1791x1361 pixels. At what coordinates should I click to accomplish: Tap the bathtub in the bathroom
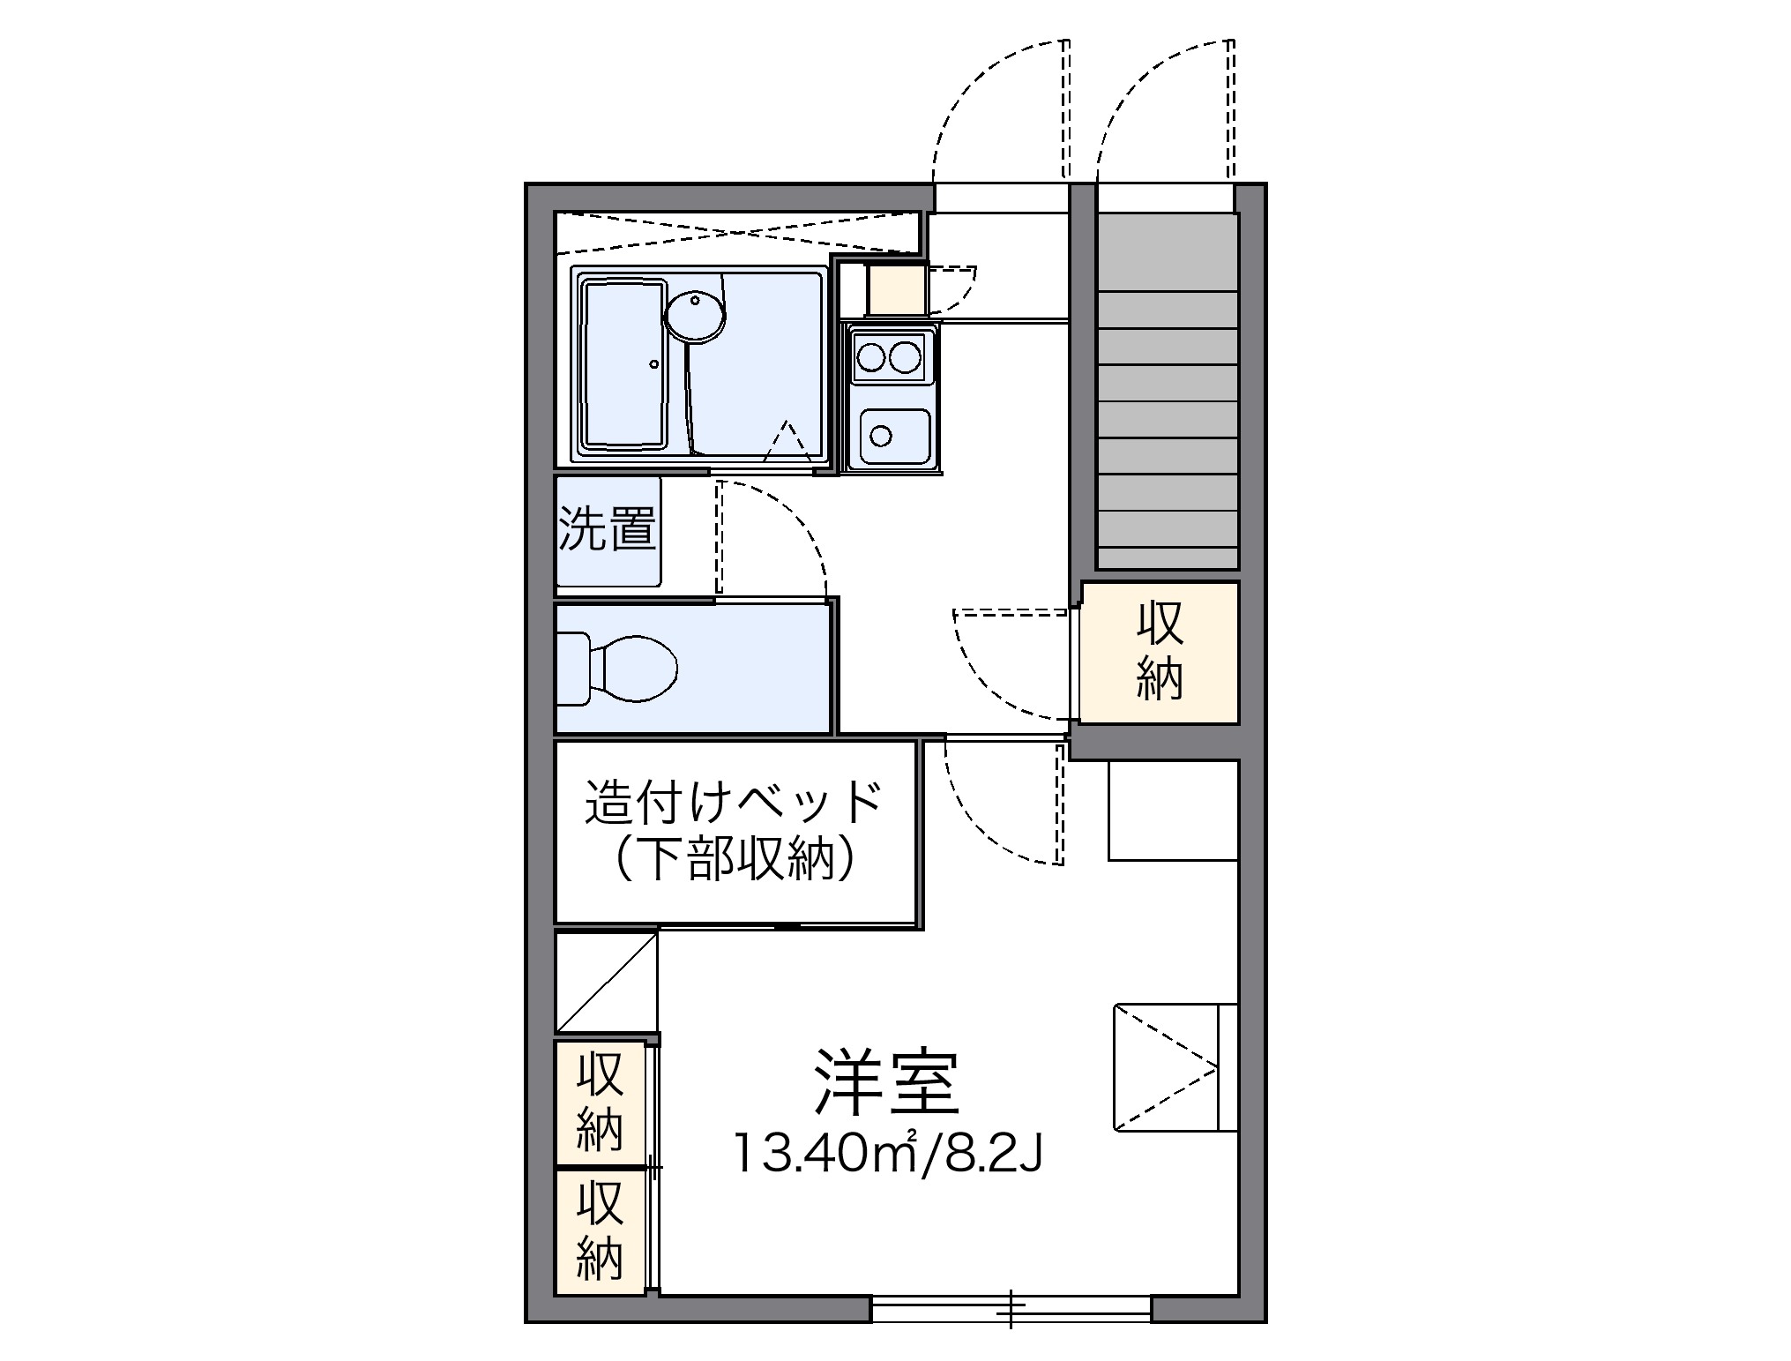coord(623,364)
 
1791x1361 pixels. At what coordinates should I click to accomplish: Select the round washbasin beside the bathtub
coord(695,315)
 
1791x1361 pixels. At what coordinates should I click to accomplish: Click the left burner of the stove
coord(871,357)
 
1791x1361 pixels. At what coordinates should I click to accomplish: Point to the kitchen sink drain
coord(881,435)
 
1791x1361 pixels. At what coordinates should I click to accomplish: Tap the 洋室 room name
coord(885,1081)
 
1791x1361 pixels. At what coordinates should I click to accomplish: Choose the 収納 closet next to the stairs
coord(1159,651)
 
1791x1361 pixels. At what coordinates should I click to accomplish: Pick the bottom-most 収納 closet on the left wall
coord(600,1230)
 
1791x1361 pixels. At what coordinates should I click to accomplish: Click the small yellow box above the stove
coord(896,289)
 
